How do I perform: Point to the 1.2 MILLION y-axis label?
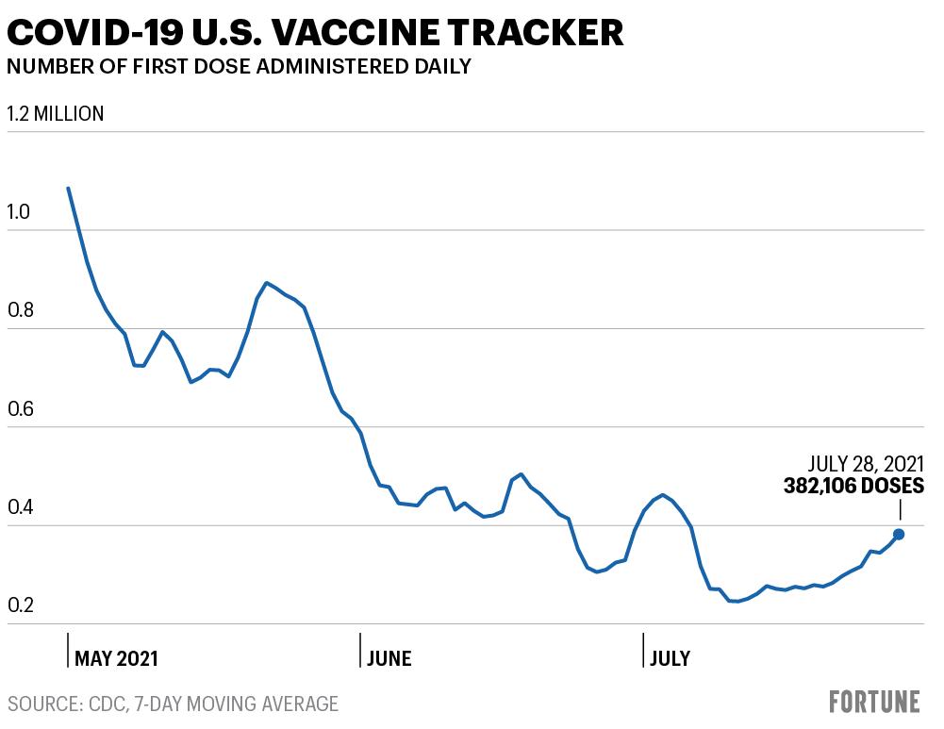click(56, 114)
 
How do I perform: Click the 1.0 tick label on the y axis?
click(18, 212)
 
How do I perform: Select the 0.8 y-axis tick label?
click(20, 310)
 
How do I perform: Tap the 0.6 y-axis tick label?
click(20, 408)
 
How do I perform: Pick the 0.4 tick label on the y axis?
click(20, 506)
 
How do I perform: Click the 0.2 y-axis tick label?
click(20, 605)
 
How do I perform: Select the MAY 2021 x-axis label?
click(116, 658)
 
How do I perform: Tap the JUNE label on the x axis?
click(389, 658)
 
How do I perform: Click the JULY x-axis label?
click(671, 658)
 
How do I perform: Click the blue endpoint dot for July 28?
click(899, 534)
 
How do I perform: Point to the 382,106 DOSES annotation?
click(853, 486)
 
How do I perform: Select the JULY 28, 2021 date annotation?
click(866, 464)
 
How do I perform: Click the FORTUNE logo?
click(875, 702)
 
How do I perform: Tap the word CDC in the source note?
click(107, 704)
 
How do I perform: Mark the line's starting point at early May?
click(68, 188)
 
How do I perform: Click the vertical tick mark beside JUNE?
click(360, 650)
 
